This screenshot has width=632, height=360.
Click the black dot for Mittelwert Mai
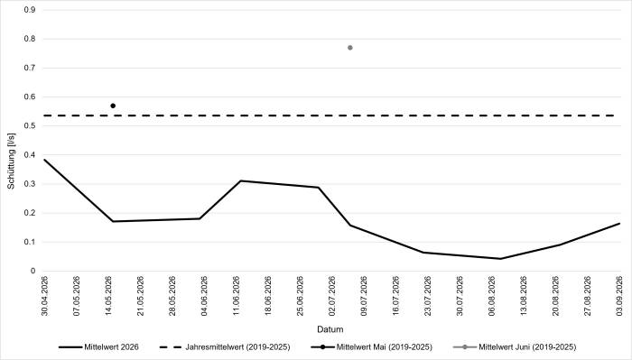click(x=113, y=106)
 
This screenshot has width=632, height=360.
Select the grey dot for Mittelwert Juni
click(x=350, y=48)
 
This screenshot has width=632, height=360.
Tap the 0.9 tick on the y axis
click(x=30, y=10)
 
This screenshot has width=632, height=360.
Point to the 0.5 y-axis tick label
click(x=30, y=126)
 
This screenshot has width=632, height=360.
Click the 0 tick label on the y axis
click(x=33, y=271)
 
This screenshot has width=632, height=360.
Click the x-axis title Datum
click(x=330, y=329)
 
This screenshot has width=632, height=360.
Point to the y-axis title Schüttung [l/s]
click(x=11, y=161)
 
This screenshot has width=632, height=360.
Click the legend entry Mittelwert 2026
click(x=98, y=346)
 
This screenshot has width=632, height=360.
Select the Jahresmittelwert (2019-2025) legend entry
click(x=225, y=346)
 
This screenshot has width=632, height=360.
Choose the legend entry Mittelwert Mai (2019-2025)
click(x=372, y=346)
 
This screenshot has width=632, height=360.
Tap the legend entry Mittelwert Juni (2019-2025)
click(x=515, y=346)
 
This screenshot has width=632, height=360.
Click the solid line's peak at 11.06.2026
click(x=241, y=180)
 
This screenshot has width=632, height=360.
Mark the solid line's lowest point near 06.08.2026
click(x=500, y=259)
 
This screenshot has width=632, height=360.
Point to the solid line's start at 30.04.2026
click(x=44, y=160)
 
